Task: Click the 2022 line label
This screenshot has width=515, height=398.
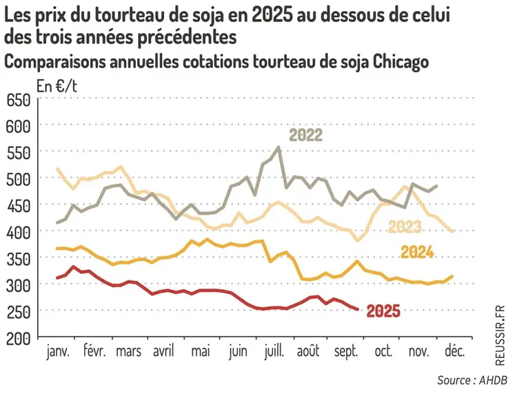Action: pos(305,134)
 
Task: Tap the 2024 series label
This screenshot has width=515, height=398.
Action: pos(417,252)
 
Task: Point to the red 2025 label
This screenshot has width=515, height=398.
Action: pos(383,311)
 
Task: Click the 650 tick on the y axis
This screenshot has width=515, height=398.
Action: pos(18,100)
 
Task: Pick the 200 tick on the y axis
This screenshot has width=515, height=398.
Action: pos(18,338)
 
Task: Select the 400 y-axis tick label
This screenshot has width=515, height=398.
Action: pos(18,232)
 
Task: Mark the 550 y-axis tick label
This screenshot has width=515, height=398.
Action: pos(18,153)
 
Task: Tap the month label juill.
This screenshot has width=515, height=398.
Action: pos(274,353)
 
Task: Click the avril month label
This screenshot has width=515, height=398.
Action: pos(163,353)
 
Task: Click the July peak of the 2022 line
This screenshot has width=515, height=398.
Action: pos(278,147)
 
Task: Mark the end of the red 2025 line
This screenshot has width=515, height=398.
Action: pos(356,309)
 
